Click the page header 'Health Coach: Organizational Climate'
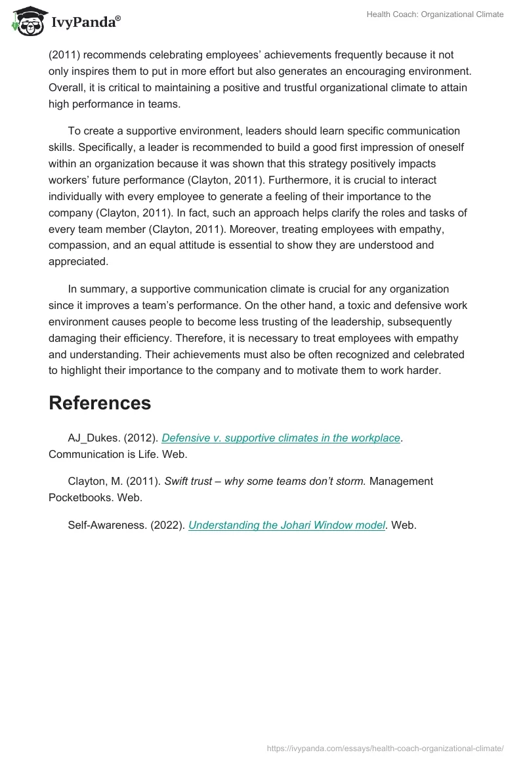[434, 14]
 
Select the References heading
[100, 403]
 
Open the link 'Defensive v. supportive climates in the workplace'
[281, 438]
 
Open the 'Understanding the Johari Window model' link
[286, 525]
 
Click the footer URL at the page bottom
[385, 747]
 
